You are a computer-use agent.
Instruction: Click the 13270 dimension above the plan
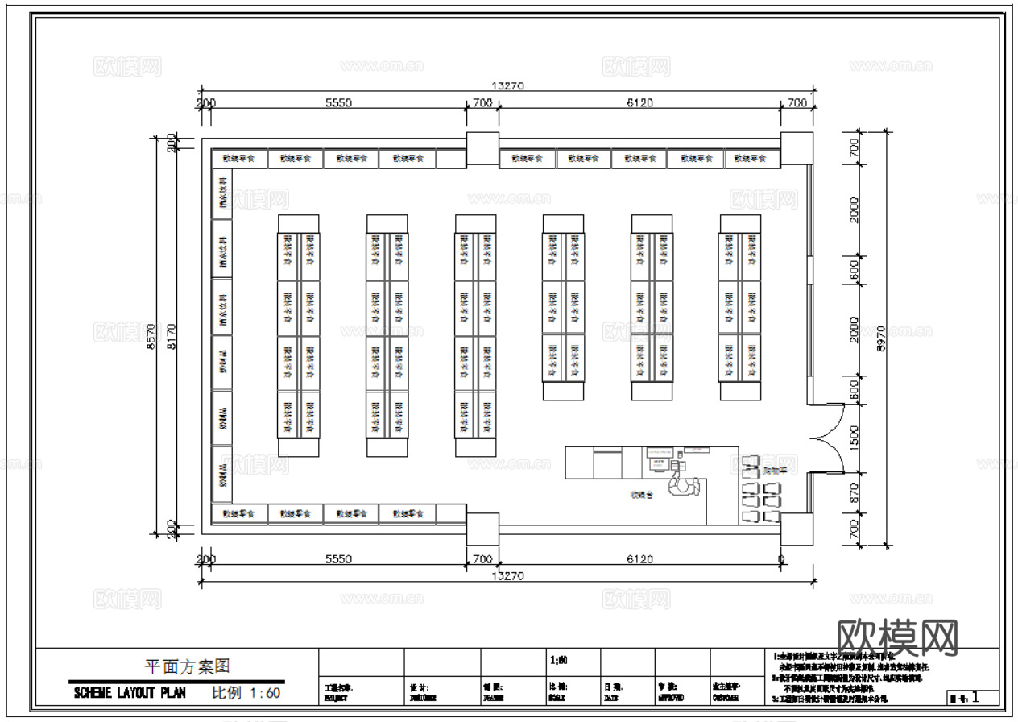coord(508,86)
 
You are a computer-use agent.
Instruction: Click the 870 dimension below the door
coord(854,493)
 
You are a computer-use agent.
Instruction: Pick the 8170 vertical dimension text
coord(171,332)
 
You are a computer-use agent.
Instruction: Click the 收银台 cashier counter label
coord(642,495)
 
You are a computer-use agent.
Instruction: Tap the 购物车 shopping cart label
coord(776,469)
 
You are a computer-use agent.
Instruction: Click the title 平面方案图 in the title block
coord(187,666)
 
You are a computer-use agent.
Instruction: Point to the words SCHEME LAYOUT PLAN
coord(130,693)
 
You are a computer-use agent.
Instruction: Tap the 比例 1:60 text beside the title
coord(246,692)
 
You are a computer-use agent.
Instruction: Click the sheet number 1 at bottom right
coord(976,698)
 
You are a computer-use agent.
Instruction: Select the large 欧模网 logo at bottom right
coord(898,639)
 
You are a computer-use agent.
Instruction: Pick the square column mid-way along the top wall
coord(482,149)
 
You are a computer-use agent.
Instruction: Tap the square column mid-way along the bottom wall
coord(482,528)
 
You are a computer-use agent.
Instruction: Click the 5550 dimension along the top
coord(338,102)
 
